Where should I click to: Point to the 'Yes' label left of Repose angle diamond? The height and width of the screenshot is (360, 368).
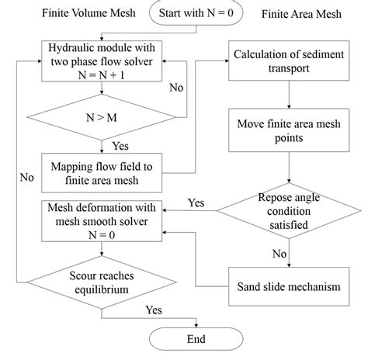point(196,202)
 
